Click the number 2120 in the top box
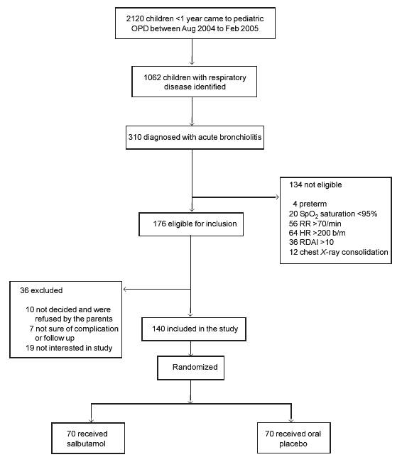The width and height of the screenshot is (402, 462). (x=135, y=18)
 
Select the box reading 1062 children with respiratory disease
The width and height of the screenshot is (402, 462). (x=194, y=82)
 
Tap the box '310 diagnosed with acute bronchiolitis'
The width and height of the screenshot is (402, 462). (x=195, y=137)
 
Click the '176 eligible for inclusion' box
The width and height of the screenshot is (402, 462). (x=191, y=224)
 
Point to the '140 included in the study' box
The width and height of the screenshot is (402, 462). (x=194, y=329)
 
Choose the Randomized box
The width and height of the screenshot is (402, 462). (x=190, y=368)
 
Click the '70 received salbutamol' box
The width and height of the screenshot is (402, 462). (x=88, y=439)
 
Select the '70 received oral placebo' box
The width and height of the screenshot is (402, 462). (x=294, y=438)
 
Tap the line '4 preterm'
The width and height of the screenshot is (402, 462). (x=310, y=204)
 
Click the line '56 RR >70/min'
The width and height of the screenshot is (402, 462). (x=315, y=224)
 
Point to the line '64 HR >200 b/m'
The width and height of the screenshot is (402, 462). (x=317, y=233)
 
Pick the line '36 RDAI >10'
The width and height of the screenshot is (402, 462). (x=311, y=242)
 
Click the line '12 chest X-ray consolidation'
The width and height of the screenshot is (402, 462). (x=339, y=252)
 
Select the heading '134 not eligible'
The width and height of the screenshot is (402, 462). (x=315, y=185)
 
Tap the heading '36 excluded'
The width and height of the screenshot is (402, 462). (x=41, y=290)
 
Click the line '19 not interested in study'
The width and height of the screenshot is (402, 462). (x=69, y=348)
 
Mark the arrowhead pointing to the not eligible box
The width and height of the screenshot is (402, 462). (x=277, y=197)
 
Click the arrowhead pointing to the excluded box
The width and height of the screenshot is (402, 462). (x=124, y=290)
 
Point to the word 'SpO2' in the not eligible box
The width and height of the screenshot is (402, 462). (x=309, y=214)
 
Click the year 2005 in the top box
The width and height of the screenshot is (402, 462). (x=249, y=28)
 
